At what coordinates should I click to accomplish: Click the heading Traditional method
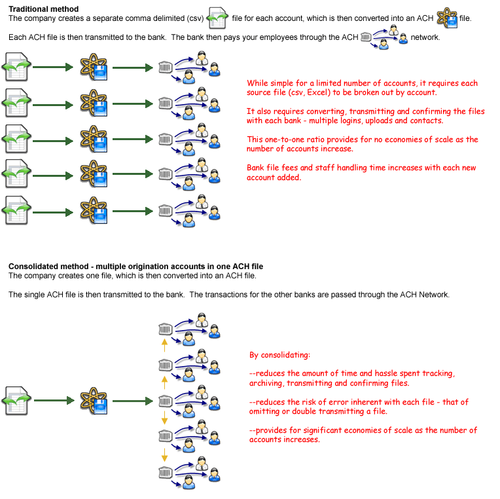tap(43, 9)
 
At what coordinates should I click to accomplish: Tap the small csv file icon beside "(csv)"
tap(217, 18)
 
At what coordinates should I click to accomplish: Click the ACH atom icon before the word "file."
tap(447, 18)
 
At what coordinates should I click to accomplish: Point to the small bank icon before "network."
tap(366, 37)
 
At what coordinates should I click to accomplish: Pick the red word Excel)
tap(319, 92)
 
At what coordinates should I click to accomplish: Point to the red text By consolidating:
tap(279, 355)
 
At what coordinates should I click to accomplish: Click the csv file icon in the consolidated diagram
tap(16, 401)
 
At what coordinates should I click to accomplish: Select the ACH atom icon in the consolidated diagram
tap(94, 401)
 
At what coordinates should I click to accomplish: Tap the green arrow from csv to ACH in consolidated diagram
tap(54, 401)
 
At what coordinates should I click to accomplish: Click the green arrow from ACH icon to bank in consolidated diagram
tap(133, 401)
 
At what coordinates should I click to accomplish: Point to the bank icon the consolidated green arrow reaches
tap(166, 401)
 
